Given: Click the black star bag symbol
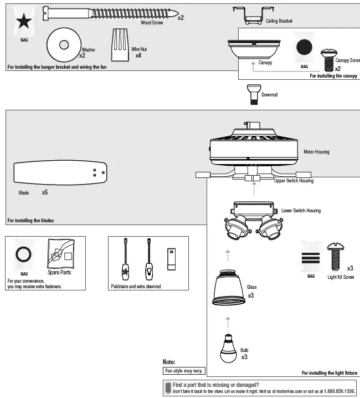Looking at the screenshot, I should coord(24,23).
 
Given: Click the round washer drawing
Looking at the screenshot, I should coord(61,44).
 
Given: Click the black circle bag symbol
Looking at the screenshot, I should coord(304,48).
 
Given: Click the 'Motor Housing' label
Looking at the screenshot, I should coord(316,151).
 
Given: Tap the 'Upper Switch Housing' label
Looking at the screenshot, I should coord(294,181).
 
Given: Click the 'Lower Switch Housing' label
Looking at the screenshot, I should coord(301,211).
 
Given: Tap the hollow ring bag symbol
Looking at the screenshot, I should coord(24,255).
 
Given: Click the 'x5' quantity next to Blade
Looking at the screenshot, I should coord(45,193).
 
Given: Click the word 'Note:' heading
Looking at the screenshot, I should coord(169,362).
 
